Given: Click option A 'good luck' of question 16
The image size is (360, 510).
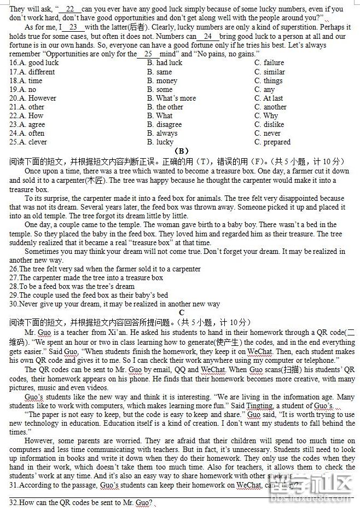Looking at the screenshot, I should point(38,63).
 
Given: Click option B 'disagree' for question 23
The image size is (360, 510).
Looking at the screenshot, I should point(166,125).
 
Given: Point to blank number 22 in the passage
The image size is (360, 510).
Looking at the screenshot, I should point(69,9).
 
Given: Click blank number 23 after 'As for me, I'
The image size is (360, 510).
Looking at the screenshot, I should point(73,27).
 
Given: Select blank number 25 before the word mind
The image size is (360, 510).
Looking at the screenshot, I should point(148,54).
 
